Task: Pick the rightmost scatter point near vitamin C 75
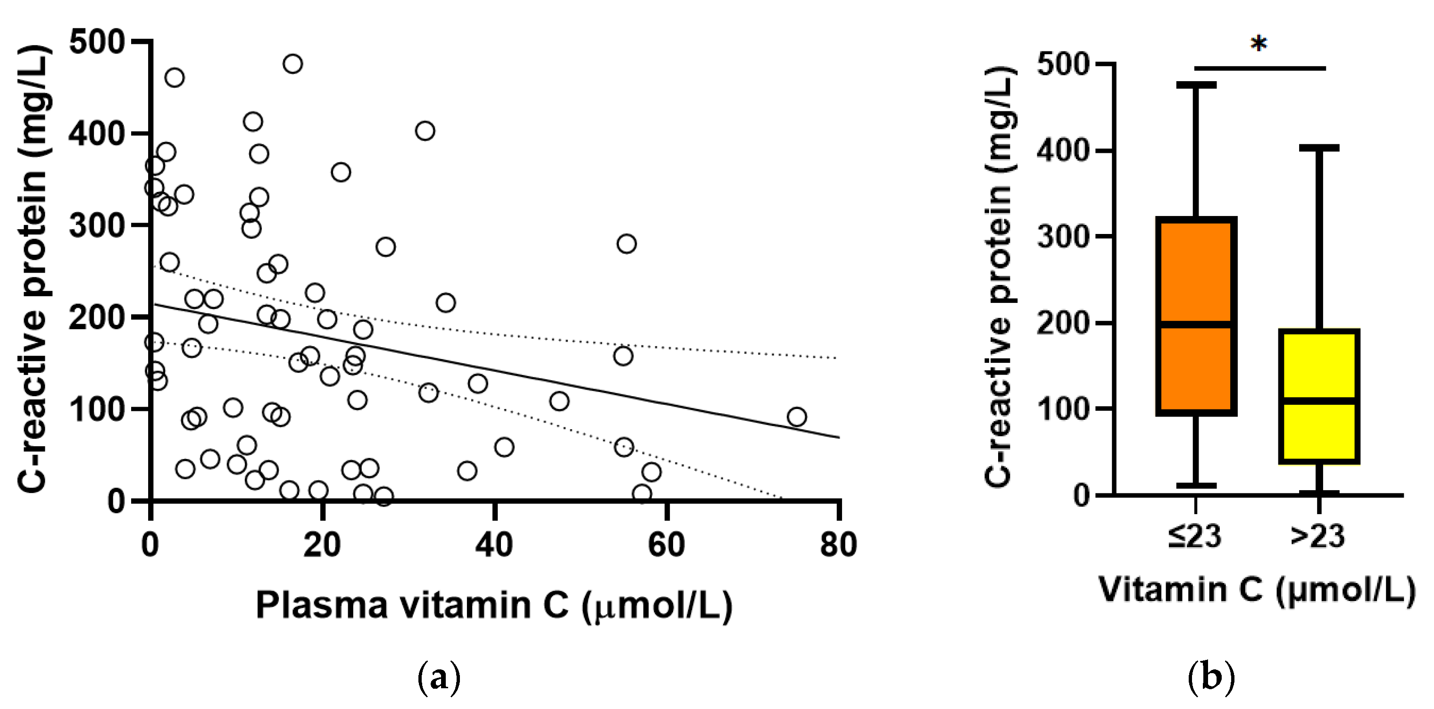tap(797, 416)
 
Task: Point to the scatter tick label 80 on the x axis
tap(838, 545)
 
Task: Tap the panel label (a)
tap(439, 677)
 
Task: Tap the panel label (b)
tap(1211, 677)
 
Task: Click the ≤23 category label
tap(1195, 536)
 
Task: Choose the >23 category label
tap(1317, 536)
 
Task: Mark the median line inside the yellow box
tap(1319, 400)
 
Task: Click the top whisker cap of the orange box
tap(1196, 84)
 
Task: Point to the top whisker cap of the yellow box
tap(1319, 148)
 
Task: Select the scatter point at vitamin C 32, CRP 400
tap(425, 131)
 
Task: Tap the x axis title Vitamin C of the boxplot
tap(1257, 590)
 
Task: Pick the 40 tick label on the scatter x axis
tap(494, 545)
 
